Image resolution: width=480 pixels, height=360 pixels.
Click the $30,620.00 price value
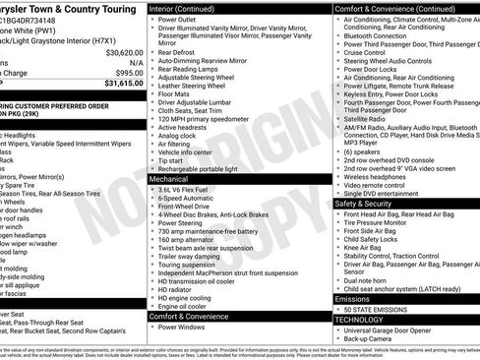pos(124,52)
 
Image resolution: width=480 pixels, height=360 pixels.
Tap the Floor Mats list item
pos(178,94)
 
